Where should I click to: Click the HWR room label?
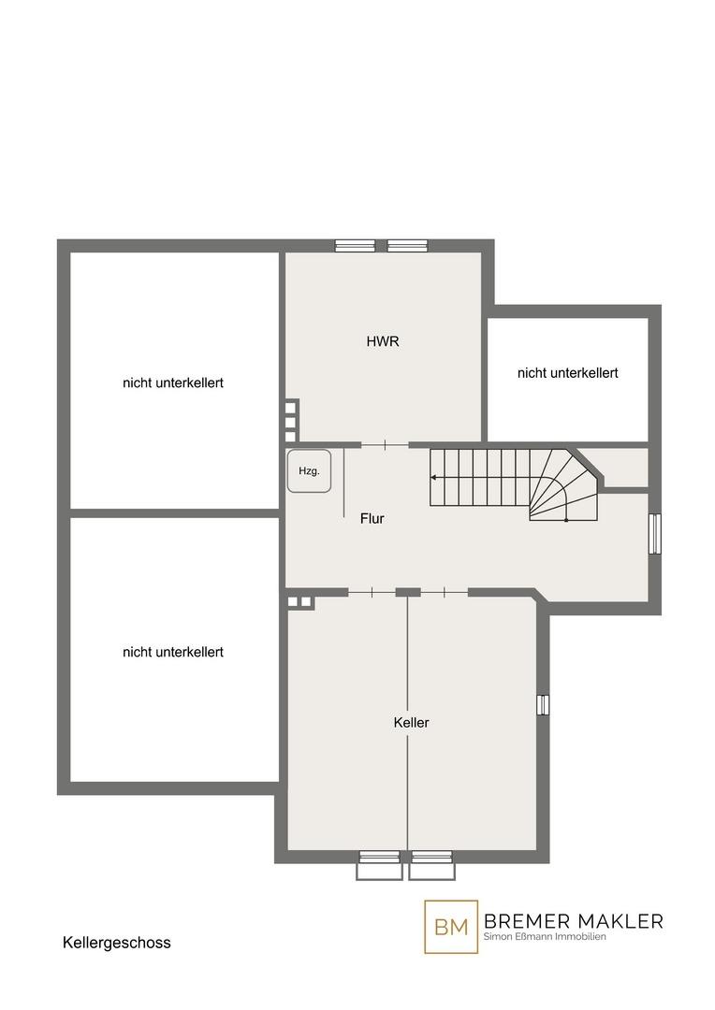(x=383, y=341)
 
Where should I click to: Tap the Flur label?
(x=372, y=518)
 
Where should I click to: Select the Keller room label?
(x=412, y=723)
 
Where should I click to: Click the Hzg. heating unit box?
(x=310, y=470)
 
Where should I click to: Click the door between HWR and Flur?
(x=385, y=444)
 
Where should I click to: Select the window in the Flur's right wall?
(x=655, y=533)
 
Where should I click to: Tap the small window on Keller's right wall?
(x=543, y=705)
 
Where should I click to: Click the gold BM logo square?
(x=451, y=926)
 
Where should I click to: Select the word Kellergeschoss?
(x=117, y=943)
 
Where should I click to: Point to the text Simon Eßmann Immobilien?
(x=545, y=936)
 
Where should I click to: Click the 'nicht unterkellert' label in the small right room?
(x=568, y=373)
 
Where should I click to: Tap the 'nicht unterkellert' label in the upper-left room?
(x=173, y=382)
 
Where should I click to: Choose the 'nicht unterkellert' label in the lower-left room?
(x=173, y=652)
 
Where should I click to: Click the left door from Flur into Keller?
(x=372, y=592)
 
